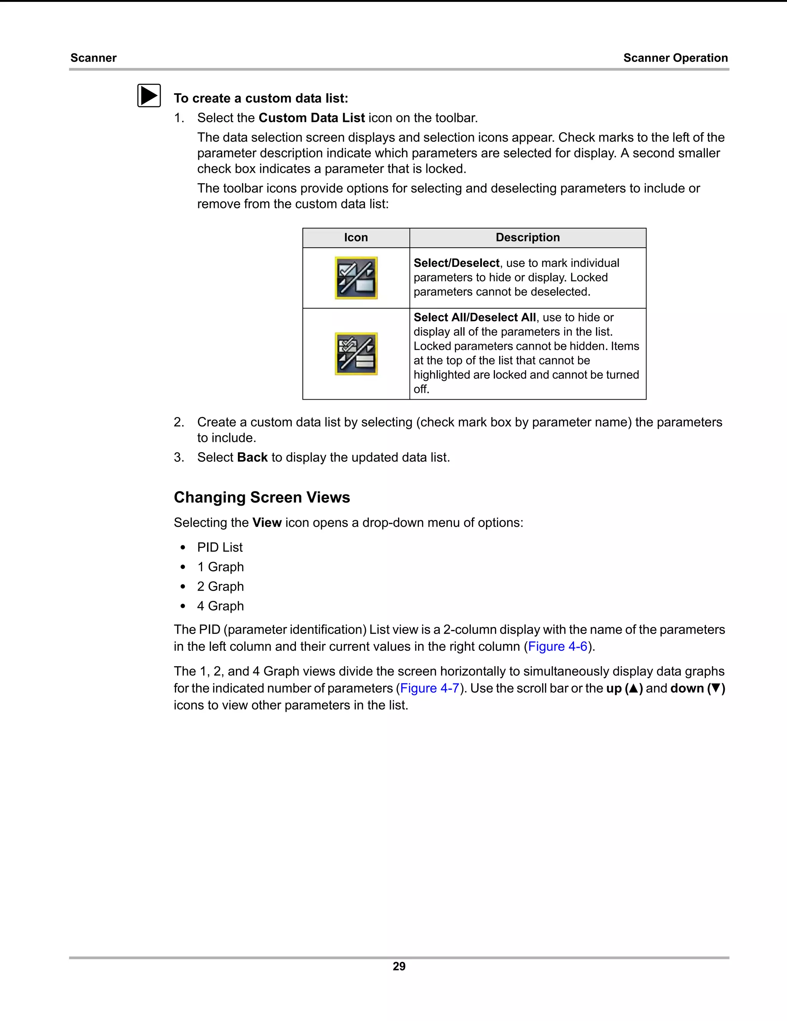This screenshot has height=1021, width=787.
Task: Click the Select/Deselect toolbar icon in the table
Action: (356, 278)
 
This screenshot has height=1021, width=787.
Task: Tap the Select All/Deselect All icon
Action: (356, 354)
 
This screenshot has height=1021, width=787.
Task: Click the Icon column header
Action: (355, 237)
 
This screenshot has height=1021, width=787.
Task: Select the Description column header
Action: (527, 237)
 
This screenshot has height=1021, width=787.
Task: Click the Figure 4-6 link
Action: (557, 646)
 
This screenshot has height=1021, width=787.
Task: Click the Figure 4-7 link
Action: (430, 688)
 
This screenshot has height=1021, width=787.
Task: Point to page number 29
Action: (398, 966)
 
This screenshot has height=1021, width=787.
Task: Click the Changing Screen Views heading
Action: (262, 497)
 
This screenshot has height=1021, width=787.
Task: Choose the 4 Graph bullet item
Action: (220, 606)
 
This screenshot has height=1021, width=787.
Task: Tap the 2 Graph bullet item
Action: (220, 586)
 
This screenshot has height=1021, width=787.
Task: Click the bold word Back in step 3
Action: (252, 457)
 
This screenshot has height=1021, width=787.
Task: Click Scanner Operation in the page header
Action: (675, 58)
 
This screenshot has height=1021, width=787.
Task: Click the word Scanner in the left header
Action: (93, 58)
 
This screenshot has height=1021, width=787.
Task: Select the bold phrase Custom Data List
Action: (311, 118)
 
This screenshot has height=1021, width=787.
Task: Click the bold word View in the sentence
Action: (267, 522)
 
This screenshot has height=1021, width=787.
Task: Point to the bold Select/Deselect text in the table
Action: (456, 263)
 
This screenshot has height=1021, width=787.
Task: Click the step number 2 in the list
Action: (178, 422)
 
